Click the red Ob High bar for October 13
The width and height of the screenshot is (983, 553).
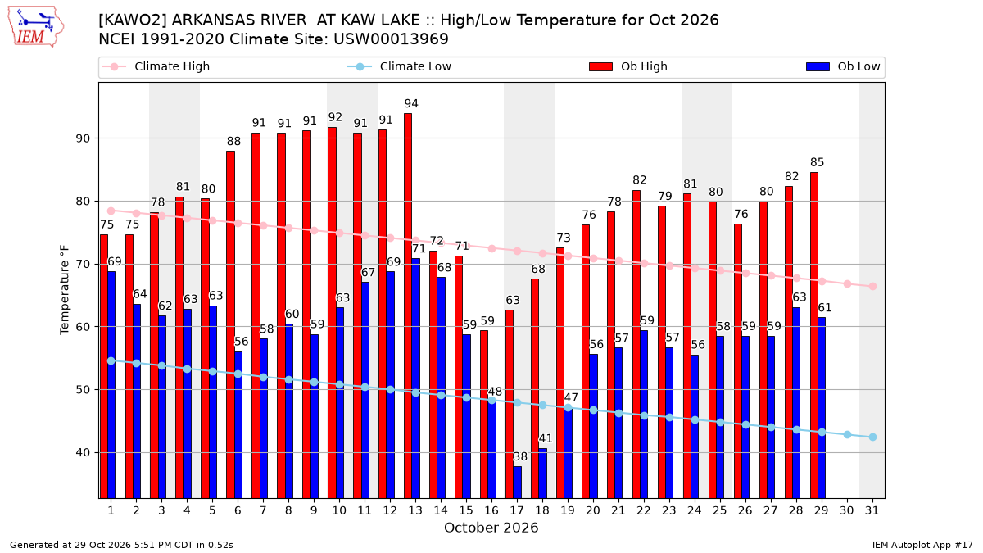408,306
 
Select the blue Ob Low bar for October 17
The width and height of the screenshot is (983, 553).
518,483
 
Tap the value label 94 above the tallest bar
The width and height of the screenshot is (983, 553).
411,103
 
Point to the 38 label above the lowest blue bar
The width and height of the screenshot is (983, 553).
520,456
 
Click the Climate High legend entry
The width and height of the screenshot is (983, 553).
156,66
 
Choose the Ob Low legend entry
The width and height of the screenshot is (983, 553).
843,66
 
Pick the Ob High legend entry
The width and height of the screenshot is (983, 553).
628,66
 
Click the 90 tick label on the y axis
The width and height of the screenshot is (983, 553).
83,138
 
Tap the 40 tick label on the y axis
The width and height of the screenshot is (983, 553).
83,452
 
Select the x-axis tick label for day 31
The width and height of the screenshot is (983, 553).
872,510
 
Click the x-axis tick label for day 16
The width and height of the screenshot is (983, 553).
491,510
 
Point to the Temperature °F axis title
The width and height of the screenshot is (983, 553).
65,290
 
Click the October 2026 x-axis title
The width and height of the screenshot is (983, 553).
491,528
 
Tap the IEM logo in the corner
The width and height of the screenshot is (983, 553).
36,27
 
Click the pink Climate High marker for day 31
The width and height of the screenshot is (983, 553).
872,286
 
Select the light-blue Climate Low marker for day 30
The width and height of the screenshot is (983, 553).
847,434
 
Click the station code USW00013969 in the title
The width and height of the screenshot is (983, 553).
391,39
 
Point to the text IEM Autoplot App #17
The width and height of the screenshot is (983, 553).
922,545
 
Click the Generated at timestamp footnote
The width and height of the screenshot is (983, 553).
121,545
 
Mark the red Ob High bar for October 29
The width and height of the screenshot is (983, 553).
814,335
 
